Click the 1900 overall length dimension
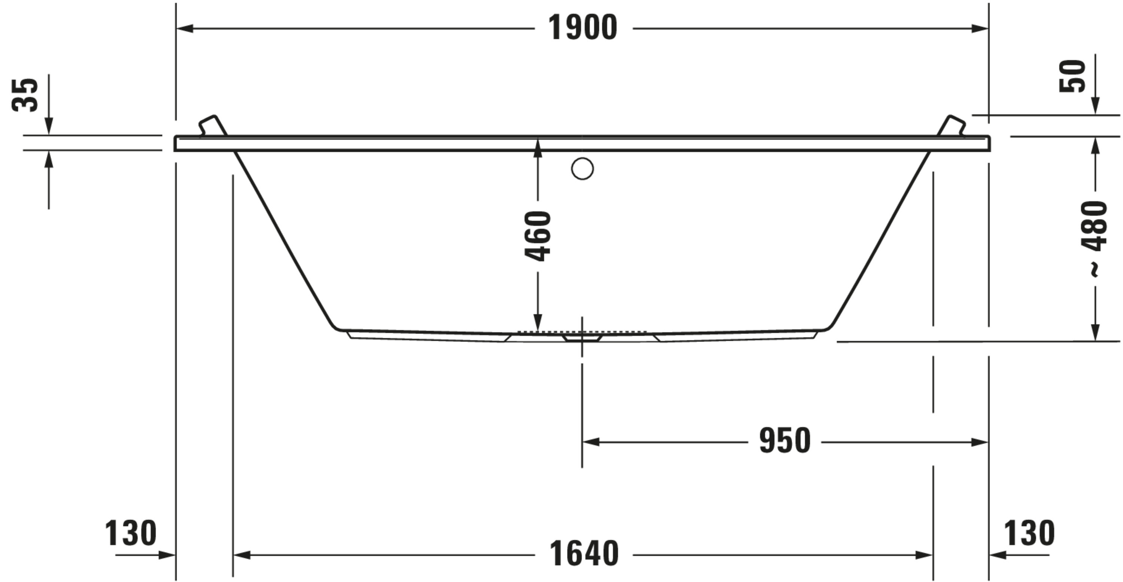click(582, 28)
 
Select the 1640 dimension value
click(583, 554)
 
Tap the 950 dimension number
click(785, 441)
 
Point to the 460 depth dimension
click(538, 236)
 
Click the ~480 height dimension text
click(1095, 238)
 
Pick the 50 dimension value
click(1072, 76)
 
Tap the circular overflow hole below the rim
click(582, 169)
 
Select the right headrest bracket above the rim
click(952, 126)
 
